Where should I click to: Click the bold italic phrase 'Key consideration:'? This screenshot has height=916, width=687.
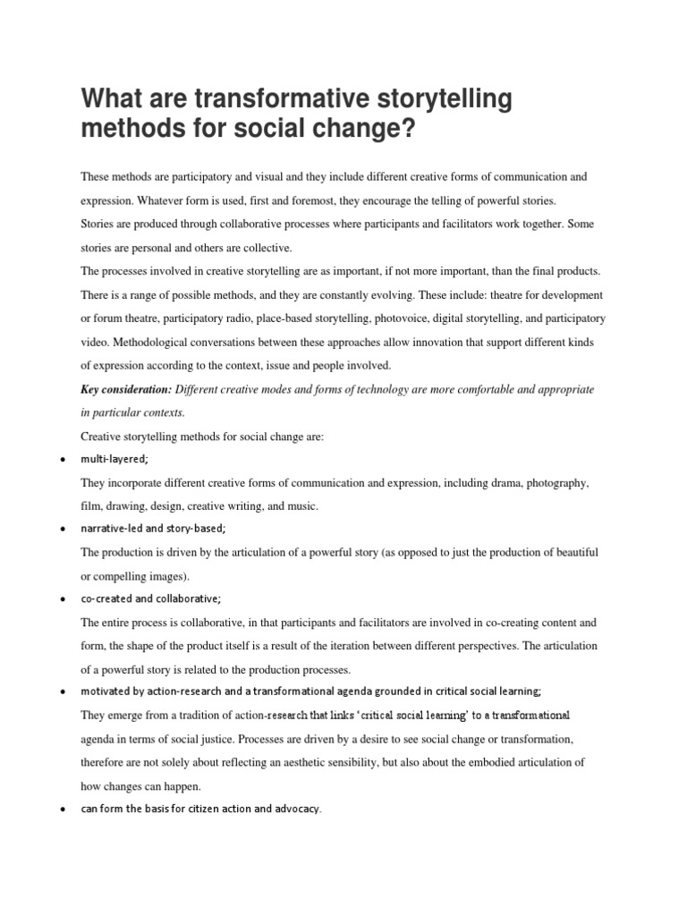(126, 390)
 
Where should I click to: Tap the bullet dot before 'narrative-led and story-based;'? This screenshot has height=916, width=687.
(59, 530)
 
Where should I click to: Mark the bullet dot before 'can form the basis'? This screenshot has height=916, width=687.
(59, 810)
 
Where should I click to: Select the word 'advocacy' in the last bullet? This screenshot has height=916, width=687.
(294, 810)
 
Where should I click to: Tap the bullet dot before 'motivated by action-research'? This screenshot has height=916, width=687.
(59, 692)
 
